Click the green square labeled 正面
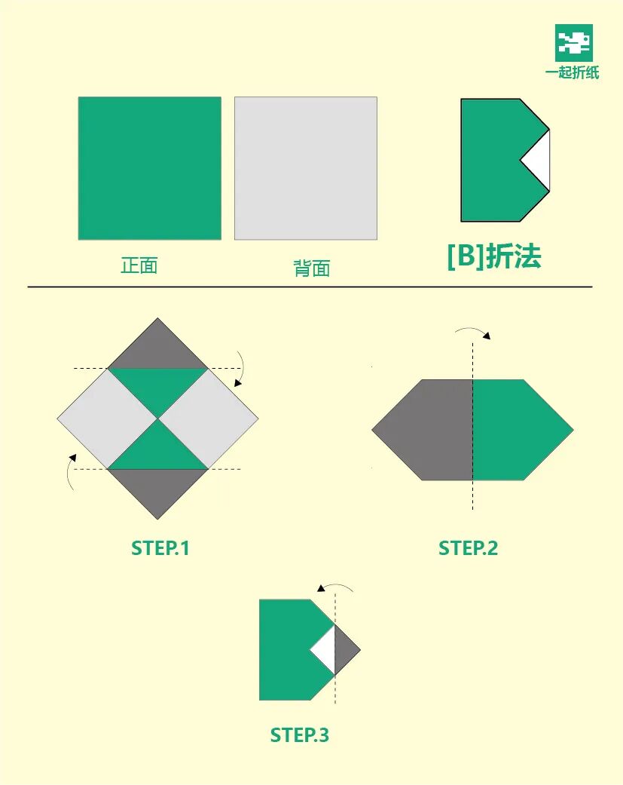pos(149,168)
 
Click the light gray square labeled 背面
pos(305,168)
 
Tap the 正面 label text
pos(139,265)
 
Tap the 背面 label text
pos(312,268)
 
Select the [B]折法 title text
pos(494,257)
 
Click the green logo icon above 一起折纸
pos(574,42)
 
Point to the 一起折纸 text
pos(573,73)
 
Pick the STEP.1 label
pos(160,548)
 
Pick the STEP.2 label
pos(468,548)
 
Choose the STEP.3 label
pos(300,735)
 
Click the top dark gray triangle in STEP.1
pos(157,347)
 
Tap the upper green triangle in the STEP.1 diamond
pos(157,386)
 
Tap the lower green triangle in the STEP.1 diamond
pos(157,449)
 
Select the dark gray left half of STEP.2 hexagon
pos(429,430)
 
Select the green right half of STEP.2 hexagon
pos(516,430)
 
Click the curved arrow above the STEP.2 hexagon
pos(473,331)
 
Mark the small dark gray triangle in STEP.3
pos(346,650)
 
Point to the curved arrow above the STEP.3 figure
pos(335,587)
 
